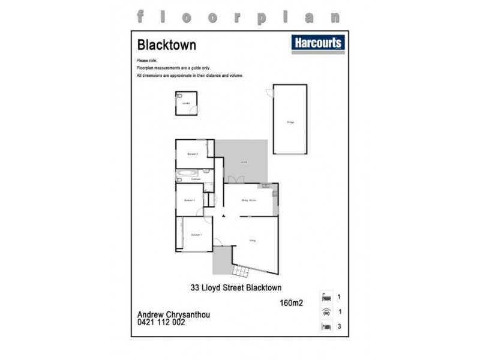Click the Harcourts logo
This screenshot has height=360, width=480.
(x=317, y=43)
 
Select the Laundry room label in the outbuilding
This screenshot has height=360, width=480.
(x=186, y=104)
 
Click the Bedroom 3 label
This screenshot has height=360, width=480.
(x=193, y=154)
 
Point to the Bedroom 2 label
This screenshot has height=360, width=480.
(x=190, y=200)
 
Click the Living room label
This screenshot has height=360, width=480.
(x=253, y=241)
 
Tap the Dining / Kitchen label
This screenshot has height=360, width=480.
(x=249, y=200)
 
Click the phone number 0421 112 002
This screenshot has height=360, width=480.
(x=161, y=322)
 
